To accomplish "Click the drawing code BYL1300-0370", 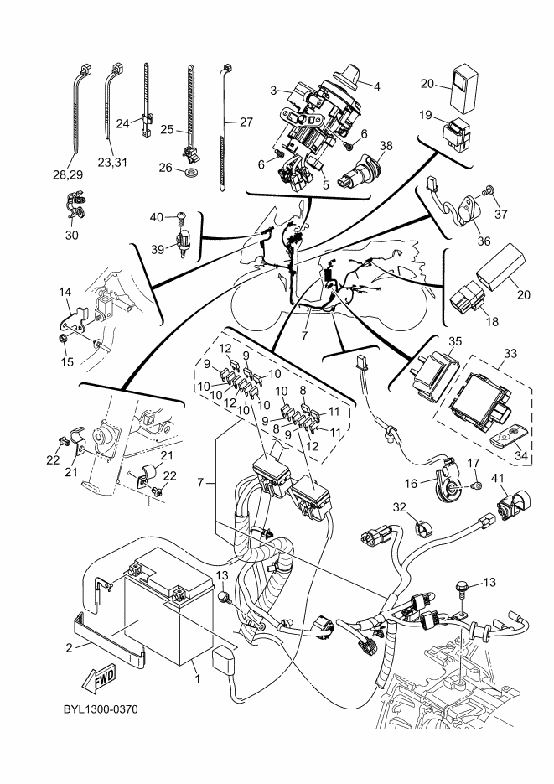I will [100, 710].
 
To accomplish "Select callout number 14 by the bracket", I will [65, 291].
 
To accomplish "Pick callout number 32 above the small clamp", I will [423, 507].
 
